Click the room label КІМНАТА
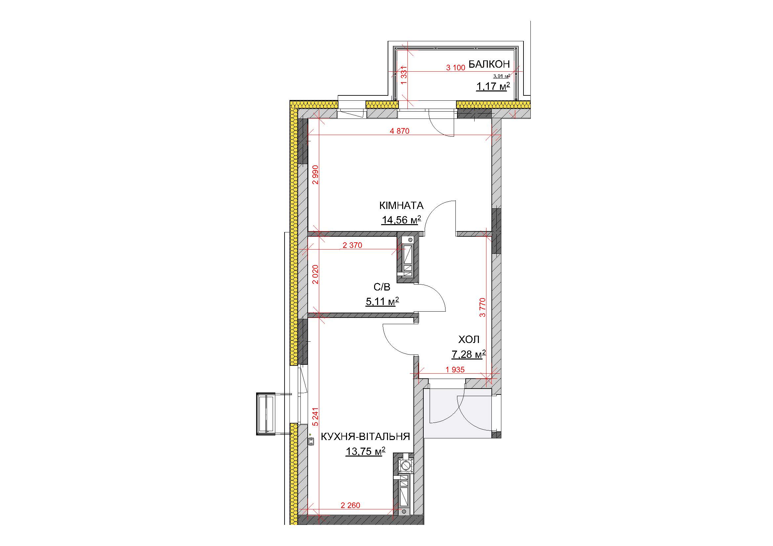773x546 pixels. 401,205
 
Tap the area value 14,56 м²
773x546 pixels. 401,220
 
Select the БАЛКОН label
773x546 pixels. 489,64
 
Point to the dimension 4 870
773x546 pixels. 400,131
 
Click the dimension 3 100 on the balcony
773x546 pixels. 455,68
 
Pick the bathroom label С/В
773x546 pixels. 382,287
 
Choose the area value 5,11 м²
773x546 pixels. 382,302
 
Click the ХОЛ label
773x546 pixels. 469,340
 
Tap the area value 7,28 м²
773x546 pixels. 469,354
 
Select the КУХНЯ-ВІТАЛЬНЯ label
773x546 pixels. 365,437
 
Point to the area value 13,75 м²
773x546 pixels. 365,451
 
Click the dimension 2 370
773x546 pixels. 352,245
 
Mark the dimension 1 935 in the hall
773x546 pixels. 455,370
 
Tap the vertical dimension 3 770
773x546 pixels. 483,307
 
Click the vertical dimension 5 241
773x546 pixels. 315,417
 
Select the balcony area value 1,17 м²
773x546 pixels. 493,87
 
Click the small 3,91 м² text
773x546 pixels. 502,76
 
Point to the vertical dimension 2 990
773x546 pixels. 315,175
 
